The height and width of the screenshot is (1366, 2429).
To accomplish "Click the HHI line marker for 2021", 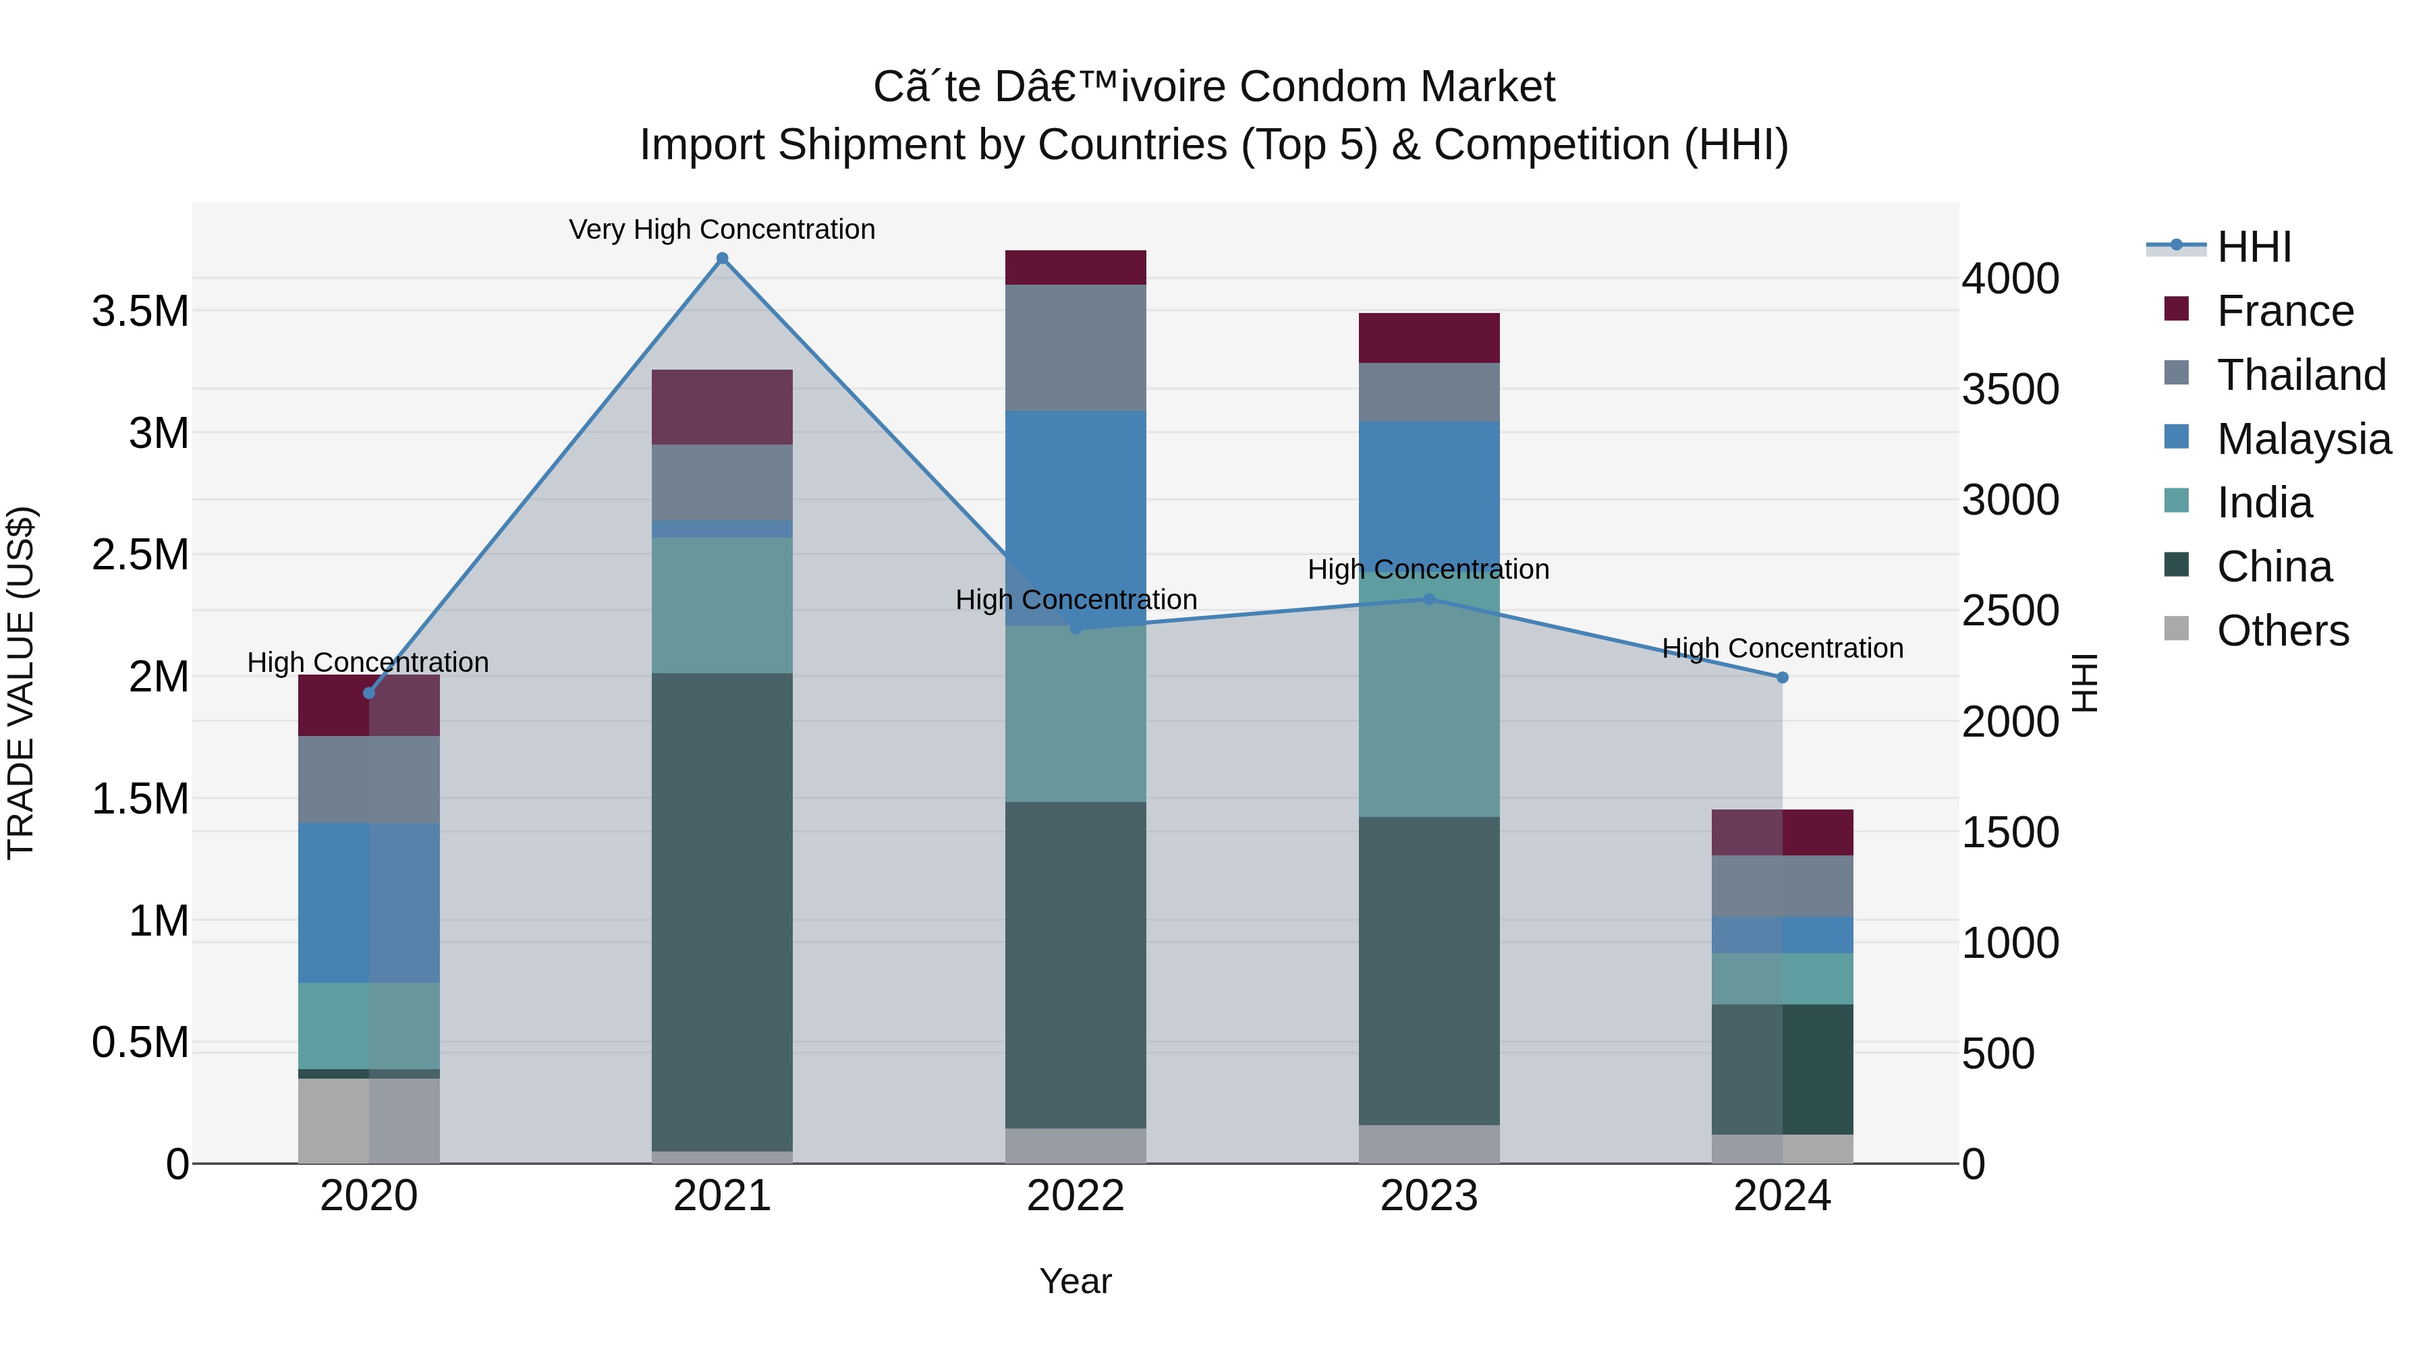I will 722,258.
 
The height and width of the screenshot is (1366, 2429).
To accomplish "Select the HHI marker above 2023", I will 1428,598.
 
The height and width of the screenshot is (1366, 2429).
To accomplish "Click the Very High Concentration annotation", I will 721,229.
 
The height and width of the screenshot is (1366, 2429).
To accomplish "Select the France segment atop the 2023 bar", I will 1428,337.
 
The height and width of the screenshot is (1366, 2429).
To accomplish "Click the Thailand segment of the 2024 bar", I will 1782,886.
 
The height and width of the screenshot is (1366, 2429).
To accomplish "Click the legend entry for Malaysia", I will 2303,439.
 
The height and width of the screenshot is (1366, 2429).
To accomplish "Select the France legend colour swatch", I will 2176,308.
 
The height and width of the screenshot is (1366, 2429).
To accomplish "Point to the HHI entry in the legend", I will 2254,247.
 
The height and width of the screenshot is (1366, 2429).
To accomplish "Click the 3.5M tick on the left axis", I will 140,311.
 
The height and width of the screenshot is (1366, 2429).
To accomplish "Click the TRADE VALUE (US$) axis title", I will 21,683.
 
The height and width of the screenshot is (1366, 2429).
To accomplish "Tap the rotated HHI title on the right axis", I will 2084,683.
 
